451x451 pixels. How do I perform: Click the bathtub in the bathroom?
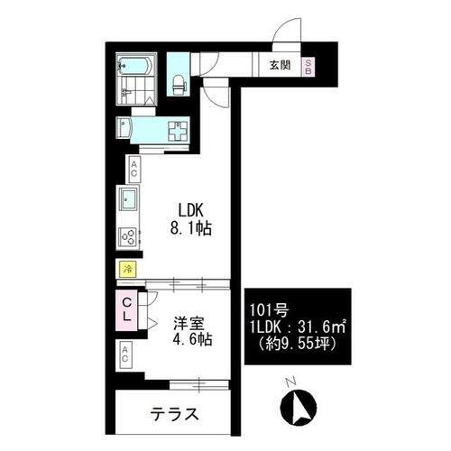click(x=138, y=67)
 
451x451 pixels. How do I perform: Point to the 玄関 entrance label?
click(x=280, y=65)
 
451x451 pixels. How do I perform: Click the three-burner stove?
click(x=127, y=236)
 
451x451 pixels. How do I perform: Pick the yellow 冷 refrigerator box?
click(x=128, y=269)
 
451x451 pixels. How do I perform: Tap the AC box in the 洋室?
click(x=128, y=354)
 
